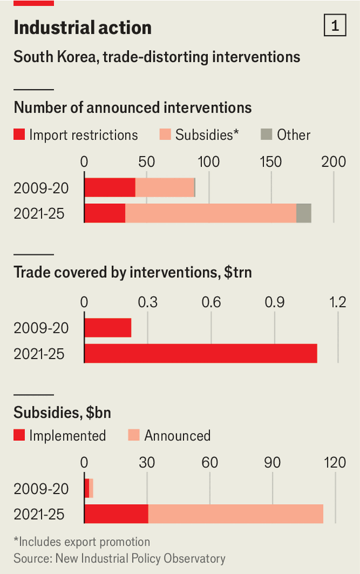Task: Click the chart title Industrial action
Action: pos(82,27)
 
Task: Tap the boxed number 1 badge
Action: pos(335,26)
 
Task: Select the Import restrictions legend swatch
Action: pos(19,135)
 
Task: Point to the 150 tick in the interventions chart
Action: pos(271,162)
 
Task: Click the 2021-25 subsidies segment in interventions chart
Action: pos(210,213)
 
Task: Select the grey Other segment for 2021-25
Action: pos(304,213)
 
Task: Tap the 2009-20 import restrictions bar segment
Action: pos(110,188)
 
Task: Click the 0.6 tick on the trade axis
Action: pos(211,302)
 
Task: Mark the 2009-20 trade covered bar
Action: pos(108,328)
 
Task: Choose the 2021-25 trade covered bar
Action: pos(201,354)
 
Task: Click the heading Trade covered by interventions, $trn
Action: pos(137,272)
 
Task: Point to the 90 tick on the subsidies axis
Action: pos(272,463)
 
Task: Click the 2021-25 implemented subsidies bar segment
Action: pos(116,514)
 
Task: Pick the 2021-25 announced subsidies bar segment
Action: pos(236,514)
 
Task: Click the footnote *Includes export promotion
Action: pos(82,542)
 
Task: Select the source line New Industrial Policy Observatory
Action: pos(120,558)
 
